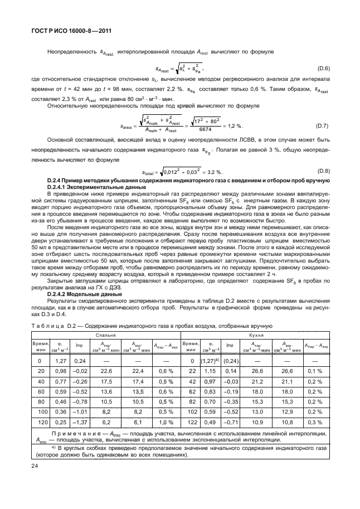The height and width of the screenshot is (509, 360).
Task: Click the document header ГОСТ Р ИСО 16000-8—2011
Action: (65, 30)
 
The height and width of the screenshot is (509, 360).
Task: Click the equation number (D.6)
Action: (323, 68)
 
